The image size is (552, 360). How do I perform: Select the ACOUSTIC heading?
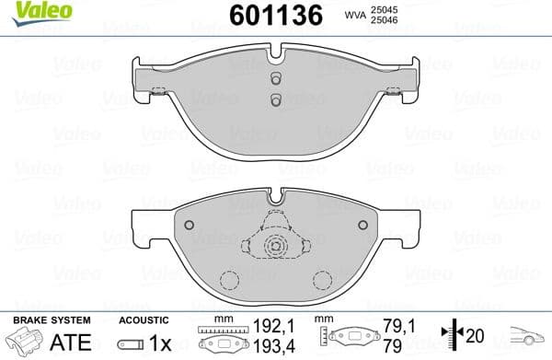tap(144, 319)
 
